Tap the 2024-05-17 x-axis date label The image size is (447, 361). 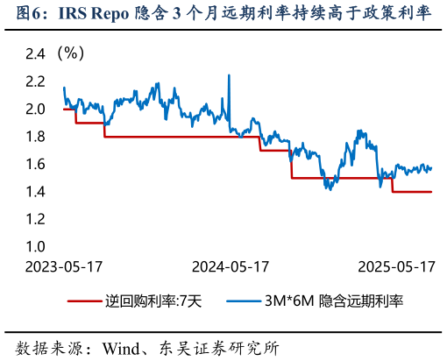[230, 266]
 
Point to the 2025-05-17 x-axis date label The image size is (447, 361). [398, 266]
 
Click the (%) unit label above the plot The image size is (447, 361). [69, 53]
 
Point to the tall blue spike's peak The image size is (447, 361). [229, 75]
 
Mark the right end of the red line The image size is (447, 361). [431, 192]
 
